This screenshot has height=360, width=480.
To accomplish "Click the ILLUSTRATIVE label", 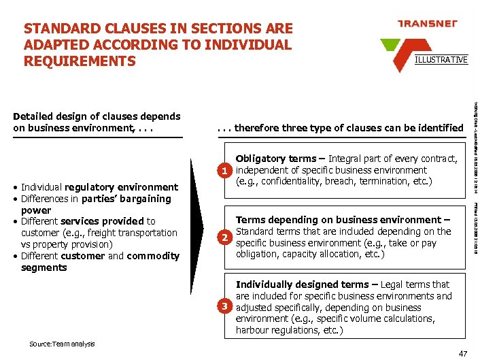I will point(441,60).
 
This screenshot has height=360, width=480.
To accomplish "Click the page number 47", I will point(462,353).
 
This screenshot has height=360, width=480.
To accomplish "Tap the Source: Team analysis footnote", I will point(62,344).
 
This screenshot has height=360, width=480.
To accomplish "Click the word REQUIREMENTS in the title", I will point(80,61).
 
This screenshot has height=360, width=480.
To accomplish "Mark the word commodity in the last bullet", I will point(154,256).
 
